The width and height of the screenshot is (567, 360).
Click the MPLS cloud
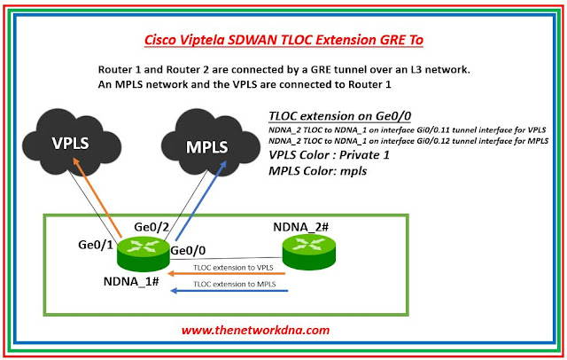click(206, 145)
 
